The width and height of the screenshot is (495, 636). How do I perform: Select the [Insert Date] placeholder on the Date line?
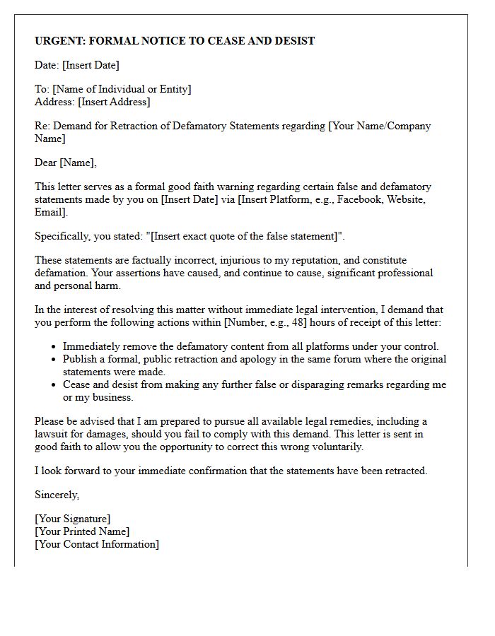point(91,65)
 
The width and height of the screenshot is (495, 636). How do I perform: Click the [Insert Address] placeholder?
point(114,102)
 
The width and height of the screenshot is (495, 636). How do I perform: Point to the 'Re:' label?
point(42,126)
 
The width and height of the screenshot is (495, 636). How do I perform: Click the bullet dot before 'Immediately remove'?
point(55,347)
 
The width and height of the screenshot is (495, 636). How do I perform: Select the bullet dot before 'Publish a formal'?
point(55,360)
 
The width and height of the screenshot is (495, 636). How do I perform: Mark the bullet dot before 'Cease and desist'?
point(55,385)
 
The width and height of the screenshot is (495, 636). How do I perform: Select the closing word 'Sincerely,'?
point(57,495)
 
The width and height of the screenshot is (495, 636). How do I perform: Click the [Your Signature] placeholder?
point(72,519)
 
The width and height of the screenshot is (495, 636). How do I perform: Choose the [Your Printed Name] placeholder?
point(82,531)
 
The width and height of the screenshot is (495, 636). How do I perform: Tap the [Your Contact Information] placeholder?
point(97,544)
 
